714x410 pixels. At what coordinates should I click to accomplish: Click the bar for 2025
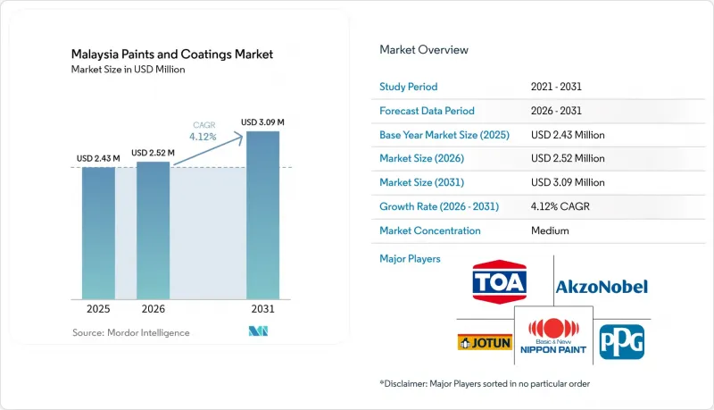pos(98,233)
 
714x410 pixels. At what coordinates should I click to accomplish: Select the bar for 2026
pos(153,230)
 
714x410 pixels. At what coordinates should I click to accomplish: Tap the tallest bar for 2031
pos(262,215)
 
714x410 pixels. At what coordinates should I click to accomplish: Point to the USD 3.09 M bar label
pos(262,122)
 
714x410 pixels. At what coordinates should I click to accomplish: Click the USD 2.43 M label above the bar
pos(98,158)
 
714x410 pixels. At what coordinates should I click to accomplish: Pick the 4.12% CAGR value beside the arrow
pos(203,137)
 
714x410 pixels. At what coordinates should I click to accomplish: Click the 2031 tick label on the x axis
pos(262,309)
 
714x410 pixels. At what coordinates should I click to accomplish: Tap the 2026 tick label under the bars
pos(153,309)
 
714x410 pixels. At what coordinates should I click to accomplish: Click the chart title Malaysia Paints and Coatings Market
pos(172,54)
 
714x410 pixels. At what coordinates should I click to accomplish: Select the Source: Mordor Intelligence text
pos(130,332)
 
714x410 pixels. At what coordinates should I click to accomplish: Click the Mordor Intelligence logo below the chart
pos(258,331)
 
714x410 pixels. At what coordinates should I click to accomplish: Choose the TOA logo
pos(500,282)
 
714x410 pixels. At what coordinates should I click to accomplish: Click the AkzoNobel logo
pos(602,287)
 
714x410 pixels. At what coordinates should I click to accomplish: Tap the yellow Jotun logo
pos(485,343)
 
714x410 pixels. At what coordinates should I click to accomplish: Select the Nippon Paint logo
pos(553,337)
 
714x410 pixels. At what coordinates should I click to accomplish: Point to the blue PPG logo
pos(621,342)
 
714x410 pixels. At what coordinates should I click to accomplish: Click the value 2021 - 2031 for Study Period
pos(556,87)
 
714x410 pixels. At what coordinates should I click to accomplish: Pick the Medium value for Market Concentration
pos(550,230)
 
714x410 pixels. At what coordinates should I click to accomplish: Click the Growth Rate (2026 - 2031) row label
pos(439,206)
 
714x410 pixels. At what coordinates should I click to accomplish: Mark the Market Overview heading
pos(424,50)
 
